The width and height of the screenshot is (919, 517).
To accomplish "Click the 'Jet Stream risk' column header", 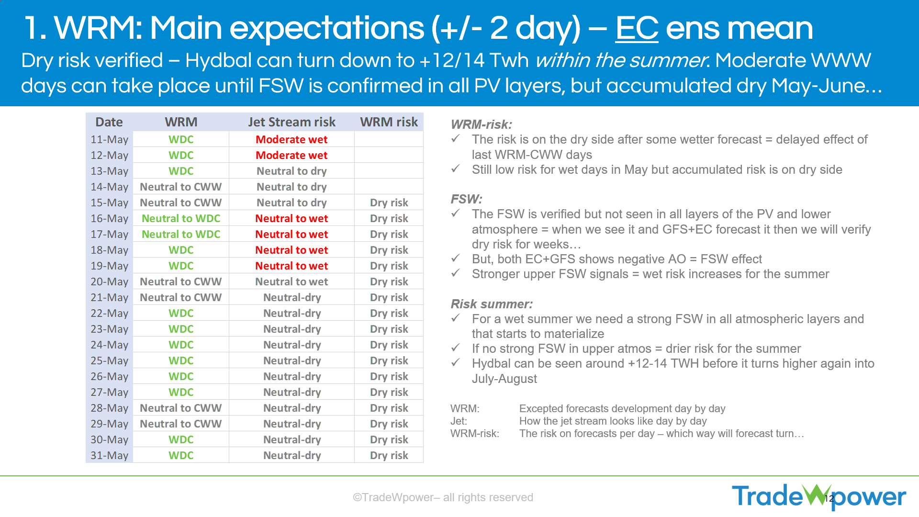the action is click(x=291, y=122).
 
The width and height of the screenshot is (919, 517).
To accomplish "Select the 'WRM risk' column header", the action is click(x=389, y=122).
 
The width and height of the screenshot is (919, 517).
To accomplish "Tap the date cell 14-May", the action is click(x=110, y=187).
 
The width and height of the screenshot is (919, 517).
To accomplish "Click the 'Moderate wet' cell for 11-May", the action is click(x=291, y=139).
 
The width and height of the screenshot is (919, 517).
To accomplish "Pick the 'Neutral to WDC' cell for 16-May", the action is click(x=181, y=218).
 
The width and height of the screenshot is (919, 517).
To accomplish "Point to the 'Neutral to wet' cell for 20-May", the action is click(x=291, y=281).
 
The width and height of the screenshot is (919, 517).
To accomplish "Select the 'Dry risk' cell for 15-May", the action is click(x=389, y=202).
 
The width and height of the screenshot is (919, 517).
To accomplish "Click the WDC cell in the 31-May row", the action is click(x=181, y=455).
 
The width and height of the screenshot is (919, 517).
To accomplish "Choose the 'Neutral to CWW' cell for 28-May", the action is click(x=181, y=408).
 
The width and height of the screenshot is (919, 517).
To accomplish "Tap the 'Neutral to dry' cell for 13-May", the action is click(x=291, y=171).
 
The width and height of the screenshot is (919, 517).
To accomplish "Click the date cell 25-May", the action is click(x=110, y=360).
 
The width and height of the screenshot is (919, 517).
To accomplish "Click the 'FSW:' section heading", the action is click(x=466, y=199).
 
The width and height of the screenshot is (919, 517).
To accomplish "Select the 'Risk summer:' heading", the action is click(x=492, y=304).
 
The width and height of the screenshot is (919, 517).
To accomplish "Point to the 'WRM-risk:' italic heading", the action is click(x=482, y=124).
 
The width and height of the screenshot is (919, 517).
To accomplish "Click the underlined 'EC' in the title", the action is click(x=637, y=28).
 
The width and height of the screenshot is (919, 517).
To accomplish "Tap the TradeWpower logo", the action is click(x=819, y=496).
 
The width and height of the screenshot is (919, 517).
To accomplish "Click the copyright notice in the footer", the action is click(x=443, y=497).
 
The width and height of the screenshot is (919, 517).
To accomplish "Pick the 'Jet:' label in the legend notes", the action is click(x=459, y=421).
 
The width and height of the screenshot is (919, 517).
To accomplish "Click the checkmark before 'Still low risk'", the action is click(x=456, y=169).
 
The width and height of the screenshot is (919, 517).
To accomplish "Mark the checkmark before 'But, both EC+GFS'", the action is click(x=456, y=258).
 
